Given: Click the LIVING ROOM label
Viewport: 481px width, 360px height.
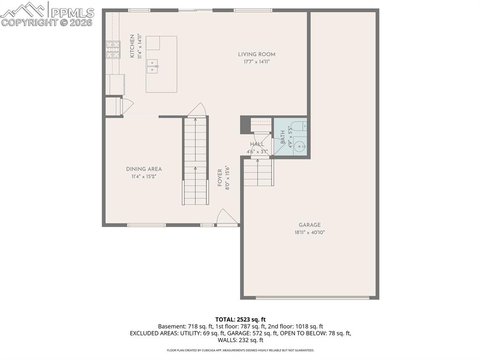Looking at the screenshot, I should click(x=256, y=54).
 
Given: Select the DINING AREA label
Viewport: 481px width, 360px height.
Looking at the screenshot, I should click(x=144, y=169).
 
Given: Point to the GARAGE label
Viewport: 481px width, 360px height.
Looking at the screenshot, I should click(x=310, y=225).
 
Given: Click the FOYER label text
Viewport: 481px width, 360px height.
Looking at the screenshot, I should click(x=220, y=176).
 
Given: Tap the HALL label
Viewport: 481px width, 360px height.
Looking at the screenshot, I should click(x=257, y=144).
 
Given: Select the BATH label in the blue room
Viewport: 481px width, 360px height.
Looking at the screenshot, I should click(x=283, y=137).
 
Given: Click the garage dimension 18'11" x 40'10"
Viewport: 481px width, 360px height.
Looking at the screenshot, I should click(x=310, y=232).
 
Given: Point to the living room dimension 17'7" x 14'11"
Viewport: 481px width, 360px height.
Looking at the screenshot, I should click(x=256, y=61).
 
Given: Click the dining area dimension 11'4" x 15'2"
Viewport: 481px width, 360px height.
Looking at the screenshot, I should click(x=144, y=176).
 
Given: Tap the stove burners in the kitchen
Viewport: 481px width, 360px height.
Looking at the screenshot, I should click(x=113, y=50).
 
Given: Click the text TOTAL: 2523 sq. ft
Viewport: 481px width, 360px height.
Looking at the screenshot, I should click(x=240, y=320).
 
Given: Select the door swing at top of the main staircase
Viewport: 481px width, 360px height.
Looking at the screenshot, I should click(x=197, y=110).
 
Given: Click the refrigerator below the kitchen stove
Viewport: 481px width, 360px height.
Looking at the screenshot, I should click(x=115, y=84).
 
